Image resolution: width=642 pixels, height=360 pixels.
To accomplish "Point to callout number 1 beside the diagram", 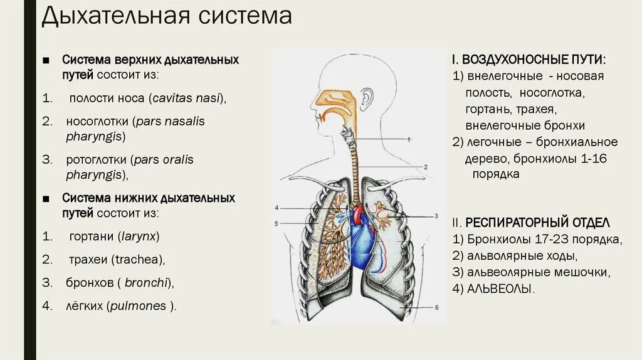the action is (408, 139).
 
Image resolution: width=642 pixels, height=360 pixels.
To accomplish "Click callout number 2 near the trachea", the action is (424, 167).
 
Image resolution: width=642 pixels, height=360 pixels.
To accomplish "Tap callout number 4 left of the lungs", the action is (276, 208).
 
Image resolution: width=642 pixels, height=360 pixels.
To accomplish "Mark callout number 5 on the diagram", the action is (276, 223).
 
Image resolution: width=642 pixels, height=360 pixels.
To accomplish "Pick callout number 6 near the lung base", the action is (436, 307).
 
